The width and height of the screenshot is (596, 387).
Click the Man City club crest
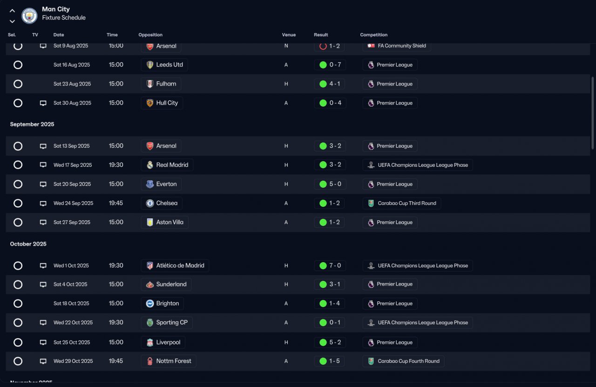(x=29, y=16)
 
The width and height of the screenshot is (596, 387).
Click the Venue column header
(x=289, y=35)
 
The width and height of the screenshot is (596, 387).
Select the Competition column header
(x=373, y=35)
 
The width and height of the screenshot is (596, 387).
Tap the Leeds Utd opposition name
(x=169, y=65)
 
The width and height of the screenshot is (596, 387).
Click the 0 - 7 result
(x=335, y=65)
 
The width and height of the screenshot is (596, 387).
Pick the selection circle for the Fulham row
(x=18, y=84)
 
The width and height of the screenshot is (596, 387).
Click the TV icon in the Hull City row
(x=43, y=103)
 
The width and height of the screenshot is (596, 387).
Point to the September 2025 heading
(x=32, y=124)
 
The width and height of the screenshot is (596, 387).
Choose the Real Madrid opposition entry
(x=172, y=165)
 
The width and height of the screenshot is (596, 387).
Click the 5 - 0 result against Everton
(x=335, y=184)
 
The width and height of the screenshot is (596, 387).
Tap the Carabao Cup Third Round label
(x=407, y=203)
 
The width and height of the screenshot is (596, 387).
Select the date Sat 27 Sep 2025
(x=72, y=222)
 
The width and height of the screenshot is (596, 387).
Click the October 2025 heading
(x=28, y=244)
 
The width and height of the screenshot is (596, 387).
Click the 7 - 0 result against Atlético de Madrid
(x=335, y=265)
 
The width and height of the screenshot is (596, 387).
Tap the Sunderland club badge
(x=150, y=285)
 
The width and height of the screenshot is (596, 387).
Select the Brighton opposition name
(x=168, y=304)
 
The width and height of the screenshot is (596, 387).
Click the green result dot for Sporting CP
(x=323, y=323)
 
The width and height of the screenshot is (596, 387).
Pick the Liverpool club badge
(x=150, y=342)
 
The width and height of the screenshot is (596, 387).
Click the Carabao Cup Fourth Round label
(x=408, y=361)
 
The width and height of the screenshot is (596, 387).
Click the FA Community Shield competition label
(x=402, y=46)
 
